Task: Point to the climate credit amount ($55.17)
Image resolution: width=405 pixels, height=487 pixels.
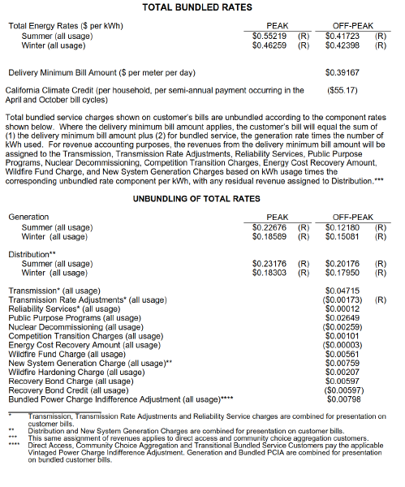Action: [x=342, y=90]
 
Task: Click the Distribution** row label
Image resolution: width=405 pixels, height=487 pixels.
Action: [x=32, y=255]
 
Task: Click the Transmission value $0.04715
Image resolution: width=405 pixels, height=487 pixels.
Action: [x=342, y=291]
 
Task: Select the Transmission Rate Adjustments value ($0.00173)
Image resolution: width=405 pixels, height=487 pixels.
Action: [x=342, y=300]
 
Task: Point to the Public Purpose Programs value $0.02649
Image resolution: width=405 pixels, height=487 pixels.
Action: [x=342, y=317]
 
